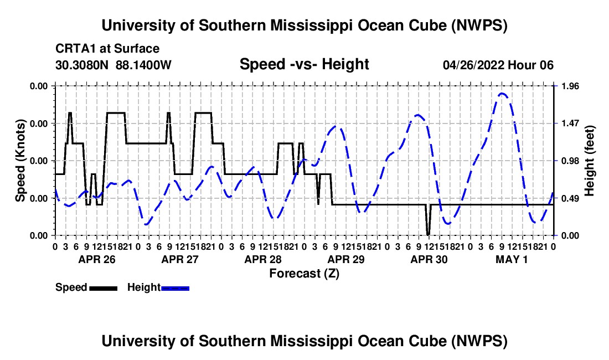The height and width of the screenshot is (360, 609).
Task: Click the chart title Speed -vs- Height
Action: point(304,64)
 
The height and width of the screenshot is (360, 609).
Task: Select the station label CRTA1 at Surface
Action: point(107,49)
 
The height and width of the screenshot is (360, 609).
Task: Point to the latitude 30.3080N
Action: point(81,65)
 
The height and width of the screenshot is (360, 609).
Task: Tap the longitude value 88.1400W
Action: point(143,65)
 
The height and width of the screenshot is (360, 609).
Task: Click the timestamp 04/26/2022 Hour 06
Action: point(498,65)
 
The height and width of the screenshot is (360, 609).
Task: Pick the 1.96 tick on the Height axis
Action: point(570,86)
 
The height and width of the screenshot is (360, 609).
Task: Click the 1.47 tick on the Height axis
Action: point(570,124)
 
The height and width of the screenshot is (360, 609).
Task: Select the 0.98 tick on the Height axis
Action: point(570,161)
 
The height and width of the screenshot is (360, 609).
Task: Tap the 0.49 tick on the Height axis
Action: point(570,198)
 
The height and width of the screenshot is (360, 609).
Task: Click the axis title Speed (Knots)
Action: point(20,161)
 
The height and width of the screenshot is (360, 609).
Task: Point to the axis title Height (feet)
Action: point(590,161)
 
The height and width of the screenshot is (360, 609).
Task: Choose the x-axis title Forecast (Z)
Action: point(304,274)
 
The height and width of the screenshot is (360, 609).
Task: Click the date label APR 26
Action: point(97,259)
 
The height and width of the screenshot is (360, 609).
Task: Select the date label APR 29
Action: point(346,259)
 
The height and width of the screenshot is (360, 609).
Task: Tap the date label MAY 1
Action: point(512,259)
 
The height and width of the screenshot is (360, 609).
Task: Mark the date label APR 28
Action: point(263,259)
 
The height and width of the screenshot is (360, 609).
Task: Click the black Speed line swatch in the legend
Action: point(104,288)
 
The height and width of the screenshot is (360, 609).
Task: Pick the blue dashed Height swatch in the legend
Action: point(175,288)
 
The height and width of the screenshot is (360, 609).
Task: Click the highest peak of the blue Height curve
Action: point(502,93)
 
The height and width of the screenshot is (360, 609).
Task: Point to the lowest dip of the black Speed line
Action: point(428,235)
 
